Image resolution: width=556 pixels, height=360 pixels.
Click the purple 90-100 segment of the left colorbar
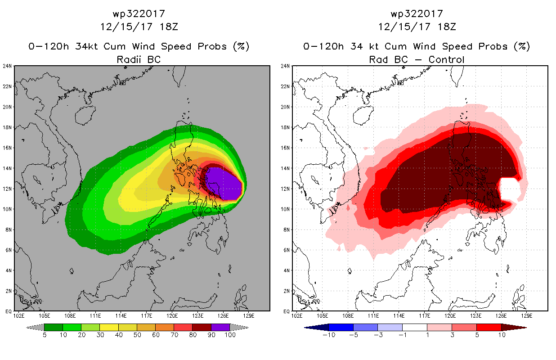[220, 327]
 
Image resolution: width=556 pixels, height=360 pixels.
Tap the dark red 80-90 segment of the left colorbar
[202, 327]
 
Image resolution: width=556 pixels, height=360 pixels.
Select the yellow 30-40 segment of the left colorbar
[109, 327]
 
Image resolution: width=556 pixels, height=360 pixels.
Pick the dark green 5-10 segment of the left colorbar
[54, 327]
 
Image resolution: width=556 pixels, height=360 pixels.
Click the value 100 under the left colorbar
[230, 335]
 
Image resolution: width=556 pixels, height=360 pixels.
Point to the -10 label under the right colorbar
[329, 335]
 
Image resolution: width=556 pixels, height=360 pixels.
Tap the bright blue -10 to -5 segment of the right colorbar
[341, 327]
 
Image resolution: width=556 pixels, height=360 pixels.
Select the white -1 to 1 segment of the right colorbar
[415, 327]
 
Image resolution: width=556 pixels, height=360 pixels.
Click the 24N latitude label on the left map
[7, 66]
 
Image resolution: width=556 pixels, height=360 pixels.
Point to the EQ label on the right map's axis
[287, 311]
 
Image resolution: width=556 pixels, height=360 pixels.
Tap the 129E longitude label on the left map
[249, 316]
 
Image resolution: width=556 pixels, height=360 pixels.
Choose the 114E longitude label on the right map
[399, 316]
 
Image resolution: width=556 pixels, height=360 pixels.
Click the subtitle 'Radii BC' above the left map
[139, 59]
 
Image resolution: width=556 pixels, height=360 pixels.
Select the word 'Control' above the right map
[446, 59]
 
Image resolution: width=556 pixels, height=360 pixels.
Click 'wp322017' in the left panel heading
[139, 14]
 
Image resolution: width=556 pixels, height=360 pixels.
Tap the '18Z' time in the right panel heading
[447, 27]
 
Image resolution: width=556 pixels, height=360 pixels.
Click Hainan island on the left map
[85, 116]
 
